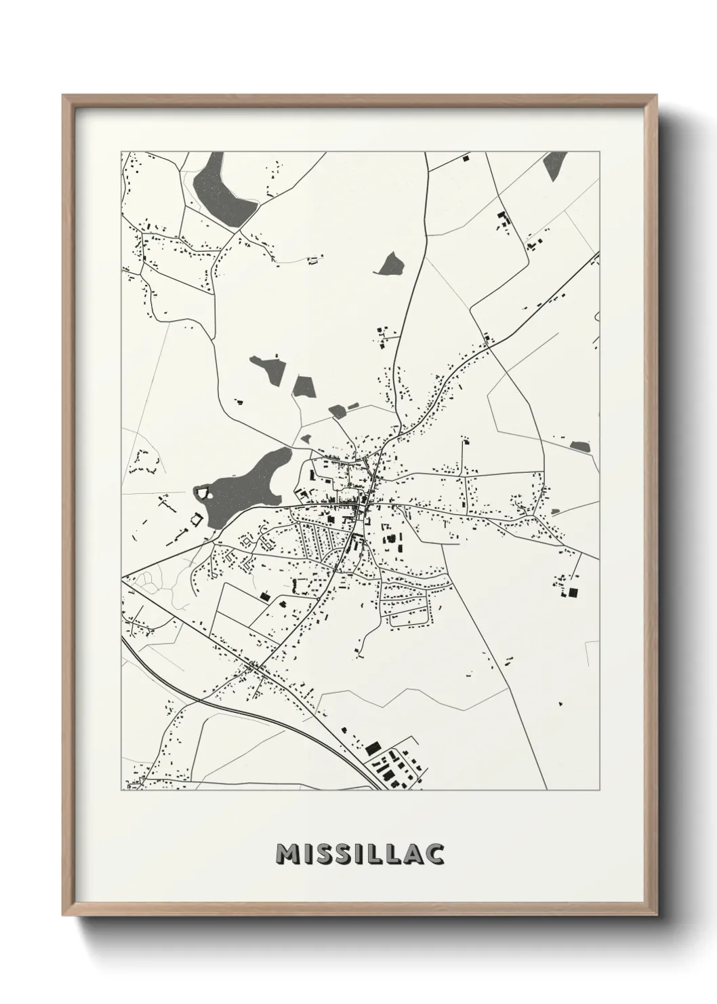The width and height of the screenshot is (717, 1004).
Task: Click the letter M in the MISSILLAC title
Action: click(287, 855)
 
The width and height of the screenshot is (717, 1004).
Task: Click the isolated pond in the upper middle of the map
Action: click(390, 263)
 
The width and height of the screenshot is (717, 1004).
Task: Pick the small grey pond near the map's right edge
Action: click(580, 446)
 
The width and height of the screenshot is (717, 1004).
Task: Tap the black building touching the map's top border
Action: click(466, 158)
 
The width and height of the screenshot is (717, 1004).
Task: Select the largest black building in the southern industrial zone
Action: click(372, 749)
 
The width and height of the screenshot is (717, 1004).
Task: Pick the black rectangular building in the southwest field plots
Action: click(264, 596)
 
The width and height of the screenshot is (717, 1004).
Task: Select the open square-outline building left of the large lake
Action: click(197, 520)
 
